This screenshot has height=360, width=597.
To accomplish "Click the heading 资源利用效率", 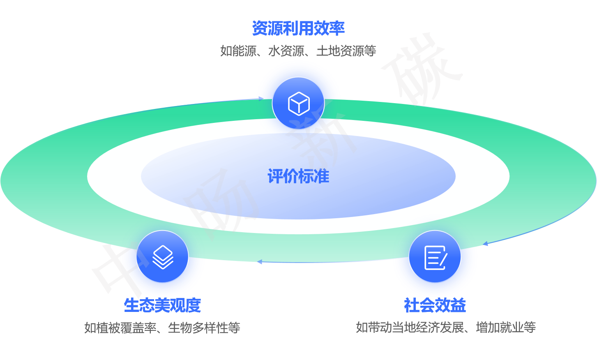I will coord(298,28).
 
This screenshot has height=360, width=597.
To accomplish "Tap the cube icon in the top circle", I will coord(299,103).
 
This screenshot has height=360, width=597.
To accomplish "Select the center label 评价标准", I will coord(298,176).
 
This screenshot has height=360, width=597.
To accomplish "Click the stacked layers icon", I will coord(163,257).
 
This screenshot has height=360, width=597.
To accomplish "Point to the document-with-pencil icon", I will coord(435,258).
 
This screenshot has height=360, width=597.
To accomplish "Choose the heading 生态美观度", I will coord(162,305).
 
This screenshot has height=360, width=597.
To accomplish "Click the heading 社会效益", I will coord(435,305).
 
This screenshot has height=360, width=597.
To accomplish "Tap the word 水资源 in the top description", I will coord(286,51).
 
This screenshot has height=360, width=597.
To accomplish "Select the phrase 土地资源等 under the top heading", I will coord(346,51).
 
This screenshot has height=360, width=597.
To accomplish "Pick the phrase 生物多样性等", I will coord(204,328).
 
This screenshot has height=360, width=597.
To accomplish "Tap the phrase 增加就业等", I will coord(506,328).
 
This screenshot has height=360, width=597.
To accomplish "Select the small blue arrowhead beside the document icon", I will coord(485,244).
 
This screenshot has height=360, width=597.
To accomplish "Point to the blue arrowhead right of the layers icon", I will coord(259,261).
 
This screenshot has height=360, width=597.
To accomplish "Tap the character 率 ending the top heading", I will coord(337,28).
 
